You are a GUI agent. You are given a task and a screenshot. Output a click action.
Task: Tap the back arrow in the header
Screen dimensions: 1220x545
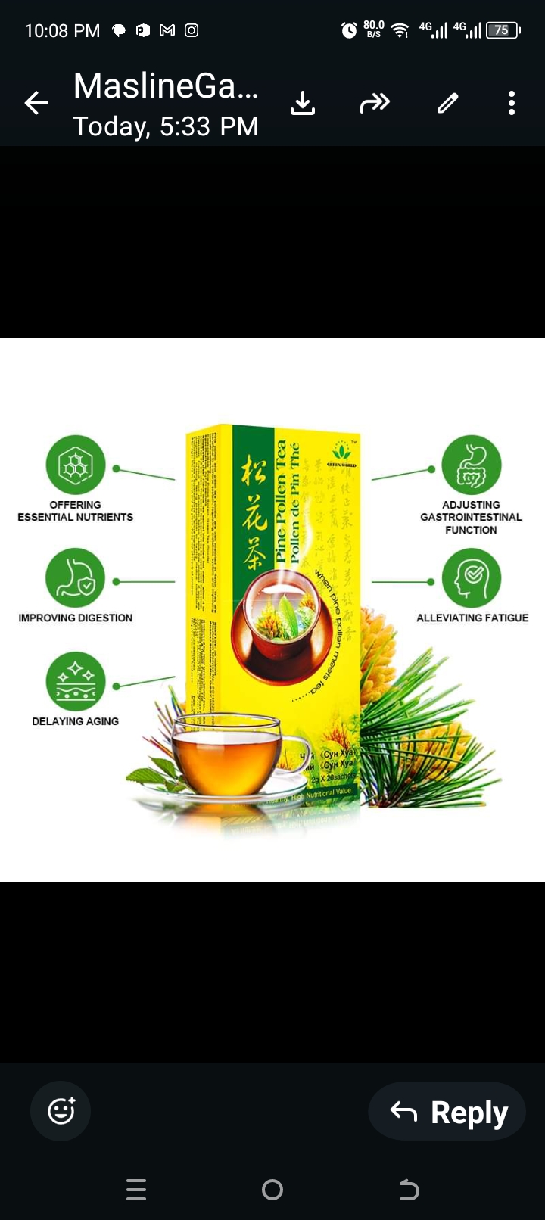tap(36, 103)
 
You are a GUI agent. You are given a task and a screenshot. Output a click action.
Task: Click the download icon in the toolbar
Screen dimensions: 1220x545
tap(303, 103)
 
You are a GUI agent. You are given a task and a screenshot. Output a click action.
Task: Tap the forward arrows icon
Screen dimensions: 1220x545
tap(375, 103)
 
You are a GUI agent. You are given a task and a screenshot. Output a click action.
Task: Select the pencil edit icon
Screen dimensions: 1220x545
tap(448, 103)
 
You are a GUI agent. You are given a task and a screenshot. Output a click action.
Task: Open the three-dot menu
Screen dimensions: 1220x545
tap(512, 103)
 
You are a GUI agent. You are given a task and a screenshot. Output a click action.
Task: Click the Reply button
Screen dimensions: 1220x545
tap(447, 1112)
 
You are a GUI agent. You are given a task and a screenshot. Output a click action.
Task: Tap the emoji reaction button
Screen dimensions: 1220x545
tap(61, 1111)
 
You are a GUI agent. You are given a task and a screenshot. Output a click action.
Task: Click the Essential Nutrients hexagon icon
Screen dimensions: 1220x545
tap(75, 465)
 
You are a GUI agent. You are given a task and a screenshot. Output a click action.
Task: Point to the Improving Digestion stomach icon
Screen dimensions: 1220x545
tap(75, 578)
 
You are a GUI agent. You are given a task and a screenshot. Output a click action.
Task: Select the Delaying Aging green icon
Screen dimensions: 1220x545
tap(75, 681)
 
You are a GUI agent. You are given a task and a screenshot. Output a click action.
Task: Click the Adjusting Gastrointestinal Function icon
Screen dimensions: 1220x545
tap(472, 465)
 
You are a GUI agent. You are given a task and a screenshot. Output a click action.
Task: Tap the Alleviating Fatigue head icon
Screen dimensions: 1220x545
tap(472, 578)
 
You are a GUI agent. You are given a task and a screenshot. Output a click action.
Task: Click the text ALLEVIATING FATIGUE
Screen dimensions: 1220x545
tap(472, 618)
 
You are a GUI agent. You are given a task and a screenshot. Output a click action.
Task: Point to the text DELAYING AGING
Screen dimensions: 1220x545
tap(75, 721)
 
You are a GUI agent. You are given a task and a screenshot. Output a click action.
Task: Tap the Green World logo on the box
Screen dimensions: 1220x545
tap(341, 455)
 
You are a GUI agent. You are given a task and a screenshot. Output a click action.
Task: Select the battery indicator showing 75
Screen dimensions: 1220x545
tap(503, 30)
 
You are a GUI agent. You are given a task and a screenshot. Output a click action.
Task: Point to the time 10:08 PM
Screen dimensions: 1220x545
tap(62, 31)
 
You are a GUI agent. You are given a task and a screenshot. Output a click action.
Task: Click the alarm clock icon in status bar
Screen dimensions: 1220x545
tap(349, 30)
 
